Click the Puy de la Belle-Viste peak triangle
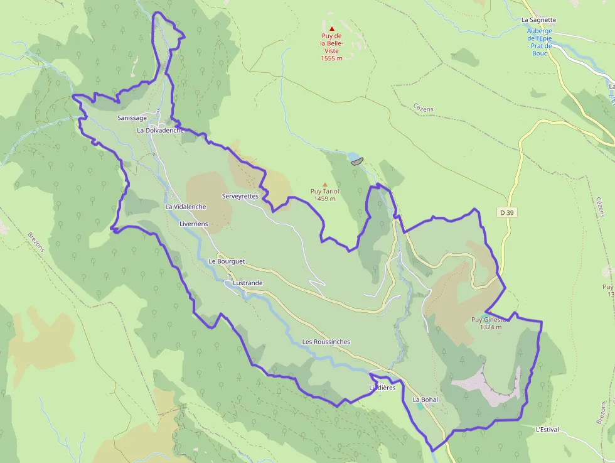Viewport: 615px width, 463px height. (x=332, y=28)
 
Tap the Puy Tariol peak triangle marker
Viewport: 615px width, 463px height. (x=324, y=184)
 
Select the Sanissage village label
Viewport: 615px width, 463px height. (x=132, y=118)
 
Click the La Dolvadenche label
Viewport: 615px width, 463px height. (x=161, y=130)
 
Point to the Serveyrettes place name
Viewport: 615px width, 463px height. (x=240, y=196)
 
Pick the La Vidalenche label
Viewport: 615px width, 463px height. (x=186, y=207)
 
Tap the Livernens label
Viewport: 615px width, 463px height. (x=193, y=224)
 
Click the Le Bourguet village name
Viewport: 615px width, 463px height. (x=227, y=261)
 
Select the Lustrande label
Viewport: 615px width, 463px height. (x=247, y=283)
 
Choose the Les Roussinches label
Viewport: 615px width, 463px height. (x=326, y=342)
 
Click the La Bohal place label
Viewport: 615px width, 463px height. (x=425, y=400)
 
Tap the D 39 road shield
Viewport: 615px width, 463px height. (x=507, y=213)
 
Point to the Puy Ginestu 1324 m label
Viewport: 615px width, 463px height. (x=490, y=323)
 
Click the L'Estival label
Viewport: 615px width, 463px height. (x=547, y=430)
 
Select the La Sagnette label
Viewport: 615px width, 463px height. (x=538, y=20)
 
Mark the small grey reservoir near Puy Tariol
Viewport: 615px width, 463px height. (x=357, y=161)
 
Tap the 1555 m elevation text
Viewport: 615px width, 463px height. (x=331, y=58)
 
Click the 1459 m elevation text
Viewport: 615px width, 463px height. (x=324, y=199)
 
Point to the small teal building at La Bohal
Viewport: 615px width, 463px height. (x=419, y=406)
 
